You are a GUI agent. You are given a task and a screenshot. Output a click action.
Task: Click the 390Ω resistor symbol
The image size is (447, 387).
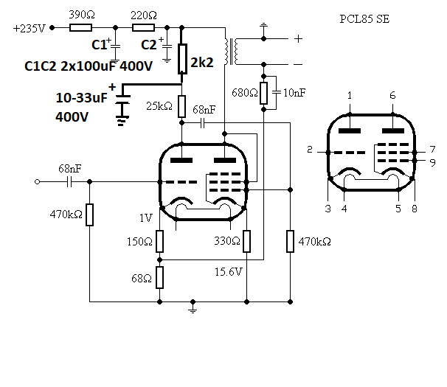coord(80,28)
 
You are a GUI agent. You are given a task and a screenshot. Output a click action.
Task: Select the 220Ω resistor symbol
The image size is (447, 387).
coord(143,28)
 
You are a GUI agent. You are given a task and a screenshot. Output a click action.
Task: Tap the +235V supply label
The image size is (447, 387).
coord(29,29)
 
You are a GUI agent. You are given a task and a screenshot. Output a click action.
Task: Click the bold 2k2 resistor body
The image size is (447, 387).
coord(182,59)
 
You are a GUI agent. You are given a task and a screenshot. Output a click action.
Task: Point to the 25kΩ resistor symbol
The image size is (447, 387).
coord(182,106)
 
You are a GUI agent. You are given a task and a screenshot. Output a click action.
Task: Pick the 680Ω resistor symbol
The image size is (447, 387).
coord(263,93)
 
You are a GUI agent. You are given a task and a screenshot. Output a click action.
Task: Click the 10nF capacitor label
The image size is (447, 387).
coord(294,93)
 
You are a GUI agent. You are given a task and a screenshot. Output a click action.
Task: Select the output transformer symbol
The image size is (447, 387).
coord(231,52)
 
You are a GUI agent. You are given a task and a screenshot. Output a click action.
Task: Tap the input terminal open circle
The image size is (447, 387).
coord(37,181)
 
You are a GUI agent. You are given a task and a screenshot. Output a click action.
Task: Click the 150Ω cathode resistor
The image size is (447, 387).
coord(159,241)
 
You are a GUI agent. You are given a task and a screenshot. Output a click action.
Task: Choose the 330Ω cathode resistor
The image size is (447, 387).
coord(247,241)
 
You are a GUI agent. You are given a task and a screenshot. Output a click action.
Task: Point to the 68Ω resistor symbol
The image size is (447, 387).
coord(159,278)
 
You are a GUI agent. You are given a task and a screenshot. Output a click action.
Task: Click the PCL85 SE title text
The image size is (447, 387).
coord(364,19)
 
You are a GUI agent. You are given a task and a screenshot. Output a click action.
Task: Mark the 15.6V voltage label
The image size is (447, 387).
coord(229,272)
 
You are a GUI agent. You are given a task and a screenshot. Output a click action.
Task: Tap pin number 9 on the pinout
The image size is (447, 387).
coord(432,162)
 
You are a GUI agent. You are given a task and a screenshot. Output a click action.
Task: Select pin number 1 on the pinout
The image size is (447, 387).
coord(350,96)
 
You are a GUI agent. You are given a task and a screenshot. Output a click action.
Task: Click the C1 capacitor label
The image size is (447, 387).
coord(100,45)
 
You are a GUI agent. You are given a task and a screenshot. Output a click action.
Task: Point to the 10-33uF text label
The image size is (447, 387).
coord(82,98)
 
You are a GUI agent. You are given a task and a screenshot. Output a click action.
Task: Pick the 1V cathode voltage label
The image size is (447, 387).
coord(145,218)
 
